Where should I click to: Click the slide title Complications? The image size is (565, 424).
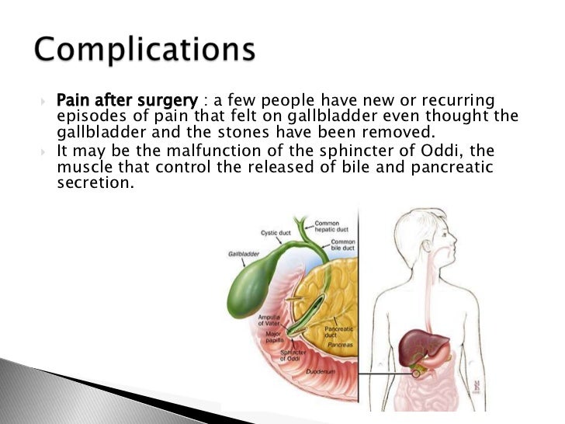click(x=145, y=50)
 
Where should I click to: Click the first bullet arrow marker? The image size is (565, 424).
click(x=44, y=102)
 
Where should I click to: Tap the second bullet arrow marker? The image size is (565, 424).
click(x=44, y=150)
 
